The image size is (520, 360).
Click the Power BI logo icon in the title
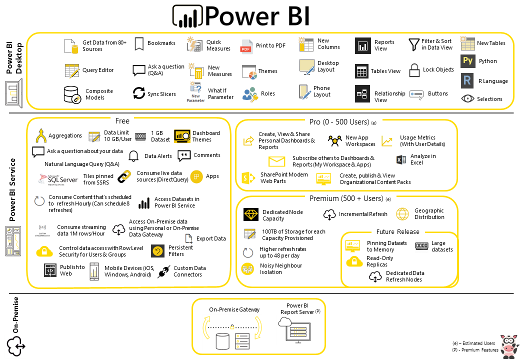[x=187, y=16]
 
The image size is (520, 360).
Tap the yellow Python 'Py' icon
[x=467, y=61]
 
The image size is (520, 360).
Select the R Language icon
[x=467, y=80]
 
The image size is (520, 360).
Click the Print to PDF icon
[x=246, y=46]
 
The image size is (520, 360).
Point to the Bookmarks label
[x=161, y=43]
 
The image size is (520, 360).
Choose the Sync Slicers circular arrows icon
[x=138, y=93]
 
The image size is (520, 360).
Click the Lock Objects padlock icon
[x=414, y=70]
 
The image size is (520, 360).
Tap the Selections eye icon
[x=467, y=99]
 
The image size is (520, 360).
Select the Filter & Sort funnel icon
[x=413, y=45]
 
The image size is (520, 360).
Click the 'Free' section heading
[x=122, y=121]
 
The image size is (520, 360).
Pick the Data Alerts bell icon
[x=133, y=156]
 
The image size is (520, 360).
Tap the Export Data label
[x=211, y=239]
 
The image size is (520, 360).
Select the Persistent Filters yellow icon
[x=158, y=251]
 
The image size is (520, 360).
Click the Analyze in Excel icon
[x=400, y=160]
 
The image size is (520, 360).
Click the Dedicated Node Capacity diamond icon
[x=250, y=215]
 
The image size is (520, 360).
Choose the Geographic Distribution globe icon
[x=402, y=214]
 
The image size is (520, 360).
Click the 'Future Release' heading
[x=397, y=232]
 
